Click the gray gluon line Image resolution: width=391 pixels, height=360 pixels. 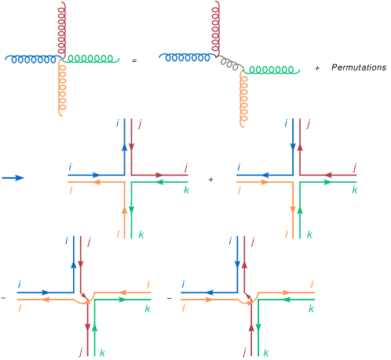230,63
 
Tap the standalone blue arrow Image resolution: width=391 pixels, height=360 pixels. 13,178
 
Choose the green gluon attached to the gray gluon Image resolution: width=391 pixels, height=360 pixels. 271,71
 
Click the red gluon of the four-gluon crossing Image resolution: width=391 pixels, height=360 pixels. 61,27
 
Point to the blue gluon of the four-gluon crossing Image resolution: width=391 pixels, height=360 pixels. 31,59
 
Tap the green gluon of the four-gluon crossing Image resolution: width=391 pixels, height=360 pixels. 92,59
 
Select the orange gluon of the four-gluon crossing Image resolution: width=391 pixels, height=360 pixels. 61,88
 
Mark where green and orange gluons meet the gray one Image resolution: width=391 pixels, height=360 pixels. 243,71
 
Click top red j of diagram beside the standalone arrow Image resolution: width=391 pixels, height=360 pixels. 139,123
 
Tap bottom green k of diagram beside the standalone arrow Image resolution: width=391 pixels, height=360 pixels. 141,235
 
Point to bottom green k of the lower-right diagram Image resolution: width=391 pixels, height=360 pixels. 265,353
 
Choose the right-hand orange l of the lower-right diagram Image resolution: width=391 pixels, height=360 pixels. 312,285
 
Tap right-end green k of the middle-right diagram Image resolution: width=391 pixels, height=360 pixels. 355,191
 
